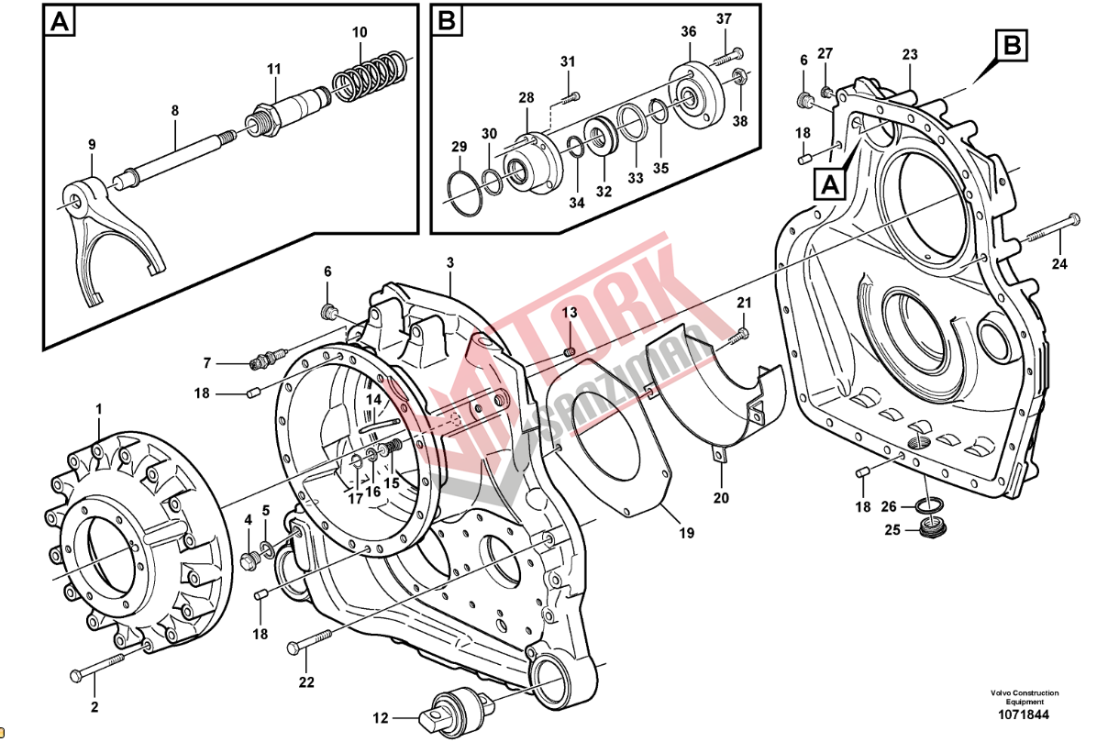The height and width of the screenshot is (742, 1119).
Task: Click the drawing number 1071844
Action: click(x=1024, y=715)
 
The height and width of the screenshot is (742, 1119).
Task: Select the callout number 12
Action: click(x=381, y=717)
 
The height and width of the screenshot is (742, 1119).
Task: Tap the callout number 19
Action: click(x=686, y=533)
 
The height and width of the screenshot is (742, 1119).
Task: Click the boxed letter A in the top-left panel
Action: click(x=60, y=21)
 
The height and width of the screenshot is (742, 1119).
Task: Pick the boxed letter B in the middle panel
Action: click(x=447, y=21)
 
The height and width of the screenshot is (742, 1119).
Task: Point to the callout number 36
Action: click(x=689, y=32)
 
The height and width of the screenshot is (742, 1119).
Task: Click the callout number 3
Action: click(x=450, y=263)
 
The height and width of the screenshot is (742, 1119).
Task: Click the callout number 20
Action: click(x=721, y=498)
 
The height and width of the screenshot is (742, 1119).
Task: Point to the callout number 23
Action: click(x=909, y=55)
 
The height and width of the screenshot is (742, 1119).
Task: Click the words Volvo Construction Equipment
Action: click(x=1024, y=697)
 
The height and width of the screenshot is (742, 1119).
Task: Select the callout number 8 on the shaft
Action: click(x=174, y=111)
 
